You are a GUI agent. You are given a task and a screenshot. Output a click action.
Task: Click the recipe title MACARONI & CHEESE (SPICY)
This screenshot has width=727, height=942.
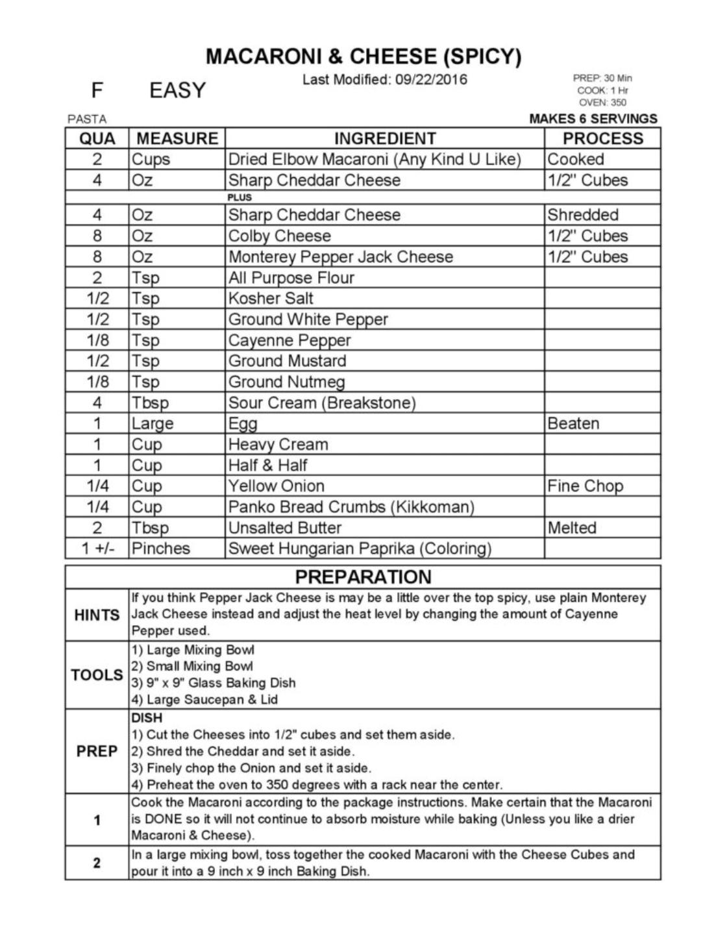point(363,56)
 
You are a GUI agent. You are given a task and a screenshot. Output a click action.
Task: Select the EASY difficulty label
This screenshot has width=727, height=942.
point(177,90)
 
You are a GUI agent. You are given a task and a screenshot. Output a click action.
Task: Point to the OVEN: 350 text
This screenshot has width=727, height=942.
point(602,103)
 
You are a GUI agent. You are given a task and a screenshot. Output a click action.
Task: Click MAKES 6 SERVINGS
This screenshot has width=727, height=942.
point(593,119)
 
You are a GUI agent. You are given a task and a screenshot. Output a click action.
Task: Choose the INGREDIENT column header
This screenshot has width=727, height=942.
point(385,138)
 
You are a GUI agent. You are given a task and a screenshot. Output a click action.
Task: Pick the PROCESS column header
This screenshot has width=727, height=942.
point(602,138)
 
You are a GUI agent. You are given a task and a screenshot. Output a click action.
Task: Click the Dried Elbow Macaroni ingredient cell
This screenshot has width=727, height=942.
point(375,159)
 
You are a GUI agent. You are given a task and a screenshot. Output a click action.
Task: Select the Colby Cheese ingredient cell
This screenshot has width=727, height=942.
point(280,236)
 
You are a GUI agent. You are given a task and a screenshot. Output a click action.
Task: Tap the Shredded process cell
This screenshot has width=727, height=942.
point(582,215)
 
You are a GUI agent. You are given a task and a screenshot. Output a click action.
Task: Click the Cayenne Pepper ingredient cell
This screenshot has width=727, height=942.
point(290,340)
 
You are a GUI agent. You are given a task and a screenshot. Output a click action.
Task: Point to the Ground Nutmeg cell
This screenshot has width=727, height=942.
point(286,382)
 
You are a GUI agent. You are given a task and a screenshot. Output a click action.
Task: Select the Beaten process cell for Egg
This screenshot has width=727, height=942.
point(573,423)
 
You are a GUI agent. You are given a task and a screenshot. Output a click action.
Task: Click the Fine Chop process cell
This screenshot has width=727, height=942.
point(585,486)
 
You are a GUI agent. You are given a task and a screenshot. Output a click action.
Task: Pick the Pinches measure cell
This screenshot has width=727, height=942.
point(161,548)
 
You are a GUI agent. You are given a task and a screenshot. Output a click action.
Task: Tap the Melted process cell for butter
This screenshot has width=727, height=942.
point(572,527)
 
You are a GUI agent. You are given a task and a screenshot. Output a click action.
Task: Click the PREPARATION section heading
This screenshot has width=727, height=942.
point(363,577)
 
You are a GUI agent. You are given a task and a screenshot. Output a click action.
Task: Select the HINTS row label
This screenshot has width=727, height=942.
point(97,614)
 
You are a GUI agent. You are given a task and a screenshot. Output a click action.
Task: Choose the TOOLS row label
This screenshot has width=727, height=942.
point(97,675)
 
